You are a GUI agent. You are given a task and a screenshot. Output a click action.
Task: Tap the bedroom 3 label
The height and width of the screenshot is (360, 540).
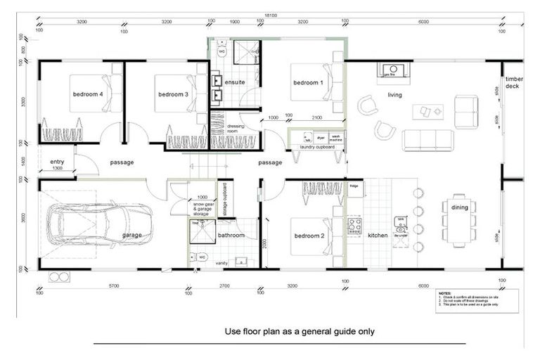click(x=173, y=94)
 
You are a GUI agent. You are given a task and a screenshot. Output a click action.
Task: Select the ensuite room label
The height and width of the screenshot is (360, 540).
click(x=235, y=82)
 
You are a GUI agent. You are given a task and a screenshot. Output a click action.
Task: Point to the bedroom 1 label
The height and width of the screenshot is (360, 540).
click(x=308, y=83)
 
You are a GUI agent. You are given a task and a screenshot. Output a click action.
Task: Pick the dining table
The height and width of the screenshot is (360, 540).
click(x=459, y=220)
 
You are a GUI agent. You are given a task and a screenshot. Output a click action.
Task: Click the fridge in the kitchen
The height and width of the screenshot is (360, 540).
click(x=354, y=186)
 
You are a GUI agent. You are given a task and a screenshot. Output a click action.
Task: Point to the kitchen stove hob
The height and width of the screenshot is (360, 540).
click(x=354, y=226)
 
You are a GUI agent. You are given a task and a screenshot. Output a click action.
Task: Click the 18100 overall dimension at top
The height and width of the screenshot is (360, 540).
click(x=269, y=15)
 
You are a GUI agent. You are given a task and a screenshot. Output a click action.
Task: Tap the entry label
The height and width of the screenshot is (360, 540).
click(x=57, y=162)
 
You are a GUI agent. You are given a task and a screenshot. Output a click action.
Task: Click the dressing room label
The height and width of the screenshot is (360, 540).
click(x=236, y=129)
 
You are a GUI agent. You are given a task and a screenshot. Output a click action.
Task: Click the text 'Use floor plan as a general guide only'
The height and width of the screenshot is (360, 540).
click(x=300, y=330)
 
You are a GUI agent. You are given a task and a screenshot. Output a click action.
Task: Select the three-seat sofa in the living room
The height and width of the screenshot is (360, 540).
click(x=427, y=140)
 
